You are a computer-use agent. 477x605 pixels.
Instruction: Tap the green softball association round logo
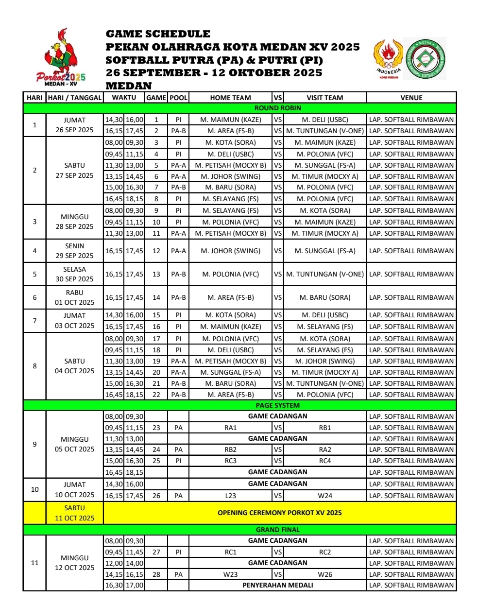tap(425, 59)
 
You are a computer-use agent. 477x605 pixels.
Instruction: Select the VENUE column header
tap(411, 98)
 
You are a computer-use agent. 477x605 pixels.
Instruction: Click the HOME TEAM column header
tap(230, 98)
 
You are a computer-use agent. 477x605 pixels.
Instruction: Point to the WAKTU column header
tap(124, 97)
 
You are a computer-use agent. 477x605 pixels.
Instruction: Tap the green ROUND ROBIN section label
tap(277, 108)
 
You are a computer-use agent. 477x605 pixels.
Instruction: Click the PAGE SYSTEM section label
tap(277, 405)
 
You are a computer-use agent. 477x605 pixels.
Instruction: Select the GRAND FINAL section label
tap(277, 530)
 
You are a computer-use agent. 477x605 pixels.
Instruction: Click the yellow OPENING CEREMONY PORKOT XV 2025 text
tap(279, 513)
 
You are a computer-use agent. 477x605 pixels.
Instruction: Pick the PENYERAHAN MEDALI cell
tap(277, 585)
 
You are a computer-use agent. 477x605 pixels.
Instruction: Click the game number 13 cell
tap(156, 274)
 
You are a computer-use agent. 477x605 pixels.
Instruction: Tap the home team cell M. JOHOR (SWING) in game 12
tap(230, 251)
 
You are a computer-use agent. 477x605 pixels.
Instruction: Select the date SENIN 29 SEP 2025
tap(74, 251)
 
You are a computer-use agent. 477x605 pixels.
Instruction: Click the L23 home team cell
tap(230, 496)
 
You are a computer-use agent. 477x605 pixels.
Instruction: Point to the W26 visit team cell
tap(325, 574)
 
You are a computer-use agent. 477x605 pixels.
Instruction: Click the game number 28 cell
tap(156, 574)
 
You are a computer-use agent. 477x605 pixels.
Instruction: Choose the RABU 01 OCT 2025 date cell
tap(74, 297)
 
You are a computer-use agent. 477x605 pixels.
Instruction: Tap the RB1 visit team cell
tap(325, 428)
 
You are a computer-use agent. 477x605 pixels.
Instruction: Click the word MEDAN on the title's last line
tap(129, 86)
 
